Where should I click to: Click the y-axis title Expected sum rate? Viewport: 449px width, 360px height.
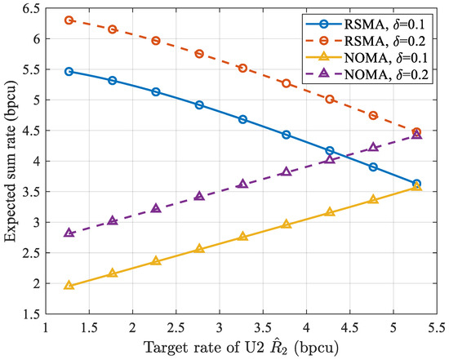click(11, 160)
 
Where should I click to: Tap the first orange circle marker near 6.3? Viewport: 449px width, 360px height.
click(69, 20)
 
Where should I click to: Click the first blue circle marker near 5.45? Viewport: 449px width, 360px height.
click(69, 72)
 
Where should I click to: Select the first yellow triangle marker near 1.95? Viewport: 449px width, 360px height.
click(69, 286)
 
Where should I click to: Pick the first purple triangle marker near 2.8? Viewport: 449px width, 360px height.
click(69, 233)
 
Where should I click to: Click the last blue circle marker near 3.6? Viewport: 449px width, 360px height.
click(417, 184)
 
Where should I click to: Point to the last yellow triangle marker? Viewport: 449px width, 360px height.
click(417, 187)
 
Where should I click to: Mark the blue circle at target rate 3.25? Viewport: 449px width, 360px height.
click(242, 119)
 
